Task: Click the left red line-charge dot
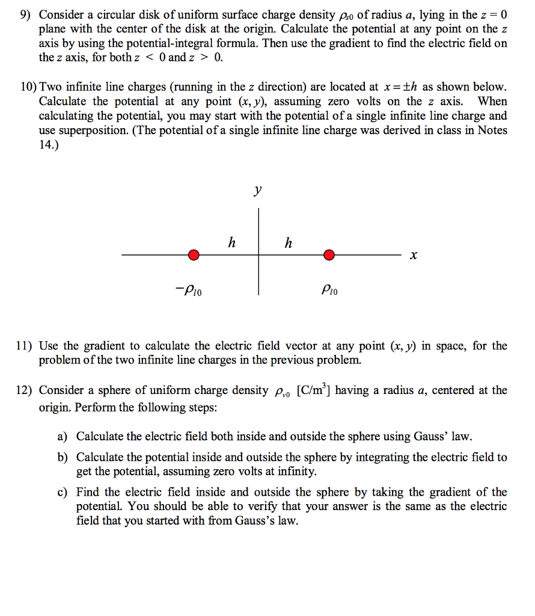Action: [193, 256]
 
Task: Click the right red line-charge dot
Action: [328, 256]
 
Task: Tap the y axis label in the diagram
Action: [258, 191]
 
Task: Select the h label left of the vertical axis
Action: [231, 242]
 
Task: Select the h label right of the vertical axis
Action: [289, 242]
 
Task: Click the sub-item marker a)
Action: [63, 436]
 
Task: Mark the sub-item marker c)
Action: [63, 492]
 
